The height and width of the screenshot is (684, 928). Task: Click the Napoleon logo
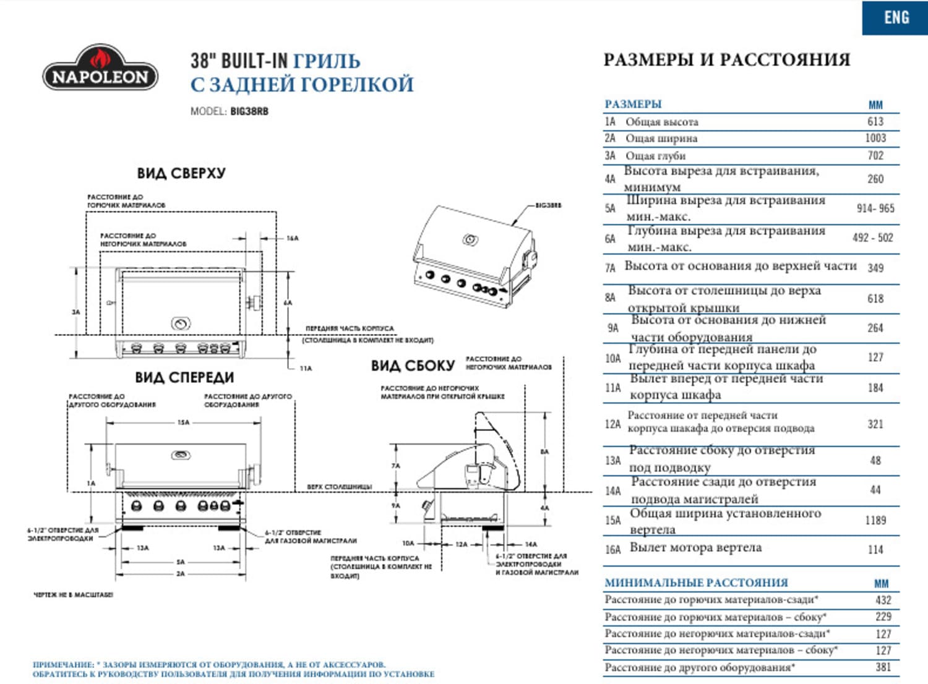100,69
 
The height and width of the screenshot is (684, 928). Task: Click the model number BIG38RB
249,111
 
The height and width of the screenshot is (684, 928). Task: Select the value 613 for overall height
875,121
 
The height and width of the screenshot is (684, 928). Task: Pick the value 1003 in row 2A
875,138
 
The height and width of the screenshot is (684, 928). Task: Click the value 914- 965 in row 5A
875,208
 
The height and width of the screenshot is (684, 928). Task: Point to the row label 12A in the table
612,424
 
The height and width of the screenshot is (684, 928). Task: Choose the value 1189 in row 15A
875,520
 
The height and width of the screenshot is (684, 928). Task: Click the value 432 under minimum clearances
883,599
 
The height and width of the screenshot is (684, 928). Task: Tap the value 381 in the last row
883,667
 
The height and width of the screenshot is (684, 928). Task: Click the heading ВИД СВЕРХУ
181,173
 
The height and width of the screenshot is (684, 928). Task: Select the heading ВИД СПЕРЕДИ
184,377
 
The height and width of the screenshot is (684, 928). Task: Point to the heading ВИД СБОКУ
413,366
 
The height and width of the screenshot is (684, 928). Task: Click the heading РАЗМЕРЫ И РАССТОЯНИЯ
726,59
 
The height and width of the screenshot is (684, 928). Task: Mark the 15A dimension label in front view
183,422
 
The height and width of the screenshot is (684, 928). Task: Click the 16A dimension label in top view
292,238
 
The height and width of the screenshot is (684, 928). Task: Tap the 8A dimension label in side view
544,451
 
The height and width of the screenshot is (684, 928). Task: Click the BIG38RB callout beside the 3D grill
548,205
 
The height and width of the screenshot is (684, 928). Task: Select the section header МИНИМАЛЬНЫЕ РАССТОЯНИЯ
696,583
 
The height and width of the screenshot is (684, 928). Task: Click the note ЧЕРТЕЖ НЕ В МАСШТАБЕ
73,594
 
